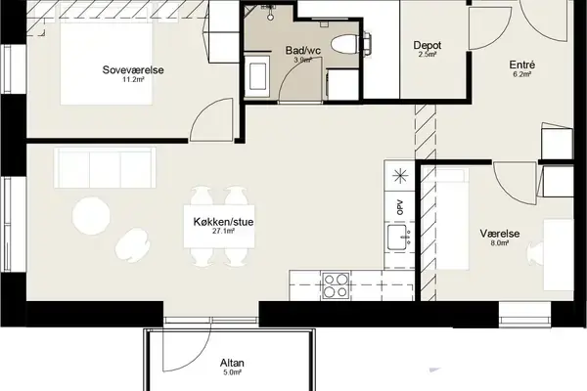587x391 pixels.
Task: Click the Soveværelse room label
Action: [x=133, y=70]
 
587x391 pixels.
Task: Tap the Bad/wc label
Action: [x=303, y=50]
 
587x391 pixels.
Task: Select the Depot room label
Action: [x=428, y=45]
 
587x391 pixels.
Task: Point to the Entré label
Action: [x=521, y=65]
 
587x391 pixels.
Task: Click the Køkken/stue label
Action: [x=223, y=222]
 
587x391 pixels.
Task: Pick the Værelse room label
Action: [x=499, y=234]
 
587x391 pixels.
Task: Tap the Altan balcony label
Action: [x=232, y=363]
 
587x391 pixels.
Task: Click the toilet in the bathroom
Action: [x=345, y=44]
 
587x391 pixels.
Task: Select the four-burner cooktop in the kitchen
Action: [x=337, y=285]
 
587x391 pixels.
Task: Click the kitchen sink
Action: [x=399, y=238]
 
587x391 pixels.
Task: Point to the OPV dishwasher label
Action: [x=400, y=207]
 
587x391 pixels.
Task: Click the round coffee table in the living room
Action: [x=91, y=215]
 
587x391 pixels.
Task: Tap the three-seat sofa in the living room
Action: [x=105, y=167]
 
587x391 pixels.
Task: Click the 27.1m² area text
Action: [x=223, y=232]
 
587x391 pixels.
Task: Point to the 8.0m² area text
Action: [x=499, y=243]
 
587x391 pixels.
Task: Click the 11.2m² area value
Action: [x=133, y=79]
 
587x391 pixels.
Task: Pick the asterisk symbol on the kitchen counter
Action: [x=400, y=176]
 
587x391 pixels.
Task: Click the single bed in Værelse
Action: [x=446, y=219]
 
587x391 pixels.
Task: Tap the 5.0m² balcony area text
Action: [x=232, y=372]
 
